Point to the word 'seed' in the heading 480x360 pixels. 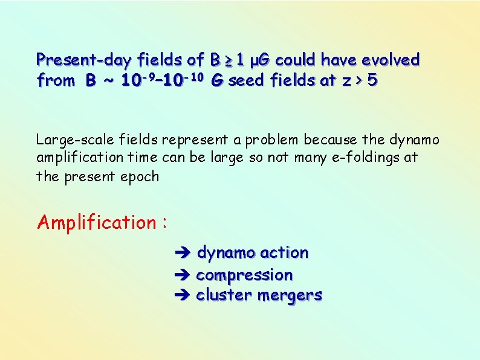(x=245, y=80)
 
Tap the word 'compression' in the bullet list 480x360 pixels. (x=244, y=275)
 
